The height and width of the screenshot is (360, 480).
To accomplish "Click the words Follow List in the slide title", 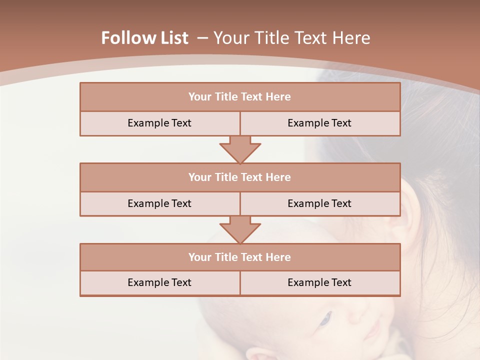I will pos(144,38).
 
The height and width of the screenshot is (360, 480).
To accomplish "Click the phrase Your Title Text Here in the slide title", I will pos(291,38).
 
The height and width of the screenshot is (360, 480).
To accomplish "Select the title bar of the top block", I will pos(240,97).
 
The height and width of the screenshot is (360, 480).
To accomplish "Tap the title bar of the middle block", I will pos(240,177).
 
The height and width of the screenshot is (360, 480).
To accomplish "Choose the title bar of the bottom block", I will pos(240,257).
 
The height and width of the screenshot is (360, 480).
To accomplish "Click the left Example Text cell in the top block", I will pos(159,123).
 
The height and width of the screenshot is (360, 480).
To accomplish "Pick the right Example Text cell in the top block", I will pos(319,123).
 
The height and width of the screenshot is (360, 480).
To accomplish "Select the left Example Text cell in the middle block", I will pos(159,203).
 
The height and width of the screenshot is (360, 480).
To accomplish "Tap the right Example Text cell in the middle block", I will pos(319,203).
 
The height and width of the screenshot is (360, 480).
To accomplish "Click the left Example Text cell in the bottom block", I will pos(159,282).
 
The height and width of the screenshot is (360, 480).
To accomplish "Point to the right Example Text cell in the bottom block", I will pos(319,282).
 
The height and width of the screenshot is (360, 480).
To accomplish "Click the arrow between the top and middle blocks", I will pos(240,149).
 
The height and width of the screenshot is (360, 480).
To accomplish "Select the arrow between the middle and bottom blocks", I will pos(240,229).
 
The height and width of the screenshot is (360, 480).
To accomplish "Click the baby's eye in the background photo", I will pos(325,318).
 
